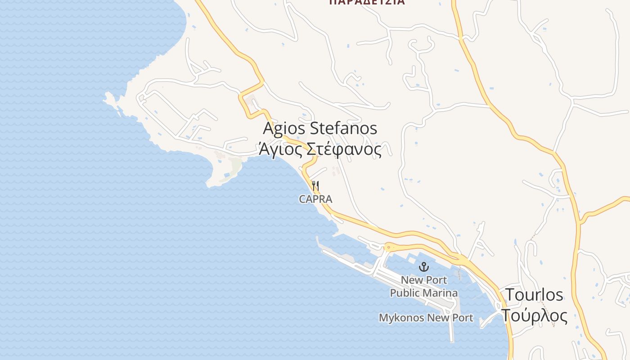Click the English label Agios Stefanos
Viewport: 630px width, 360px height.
pyautogui.click(x=320, y=129)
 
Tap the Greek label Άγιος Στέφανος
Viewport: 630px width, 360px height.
pyautogui.click(x=320, y=149)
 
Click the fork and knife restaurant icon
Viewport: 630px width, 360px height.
pyautogui.click(x=315, y=185)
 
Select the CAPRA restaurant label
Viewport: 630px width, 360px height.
pyautogui.click(x=315, y=199)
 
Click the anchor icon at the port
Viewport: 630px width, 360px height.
pyautogui.click(x=423, y=267)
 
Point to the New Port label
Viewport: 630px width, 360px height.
pyautogui.click(x=424, y=280)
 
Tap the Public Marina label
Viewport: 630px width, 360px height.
pyautogui.click(x=424, y=293)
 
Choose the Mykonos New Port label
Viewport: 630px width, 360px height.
pyautogui.click(x=426, y=318)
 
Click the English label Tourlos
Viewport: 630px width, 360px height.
pyautogui.click(x=535, y=295)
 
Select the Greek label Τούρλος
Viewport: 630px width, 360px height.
pyautogui.click(x=535, y=315)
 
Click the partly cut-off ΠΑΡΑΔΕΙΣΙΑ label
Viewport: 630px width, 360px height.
pyautogui.click(x=367, y=2)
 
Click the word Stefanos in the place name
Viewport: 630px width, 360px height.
pyautogui.click(x=344, y=129)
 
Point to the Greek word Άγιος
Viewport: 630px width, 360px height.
pyautogui.click(x=280, y=149)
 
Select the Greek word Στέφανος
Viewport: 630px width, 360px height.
pyautogui.click(x=344, y=149)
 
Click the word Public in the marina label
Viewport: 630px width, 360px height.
pyautogui.click(x=404, y=293)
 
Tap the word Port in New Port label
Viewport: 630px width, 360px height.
pyautogui.click(x=436, y=280)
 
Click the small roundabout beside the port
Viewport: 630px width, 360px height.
pyautogui.click(x=388, y=247)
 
